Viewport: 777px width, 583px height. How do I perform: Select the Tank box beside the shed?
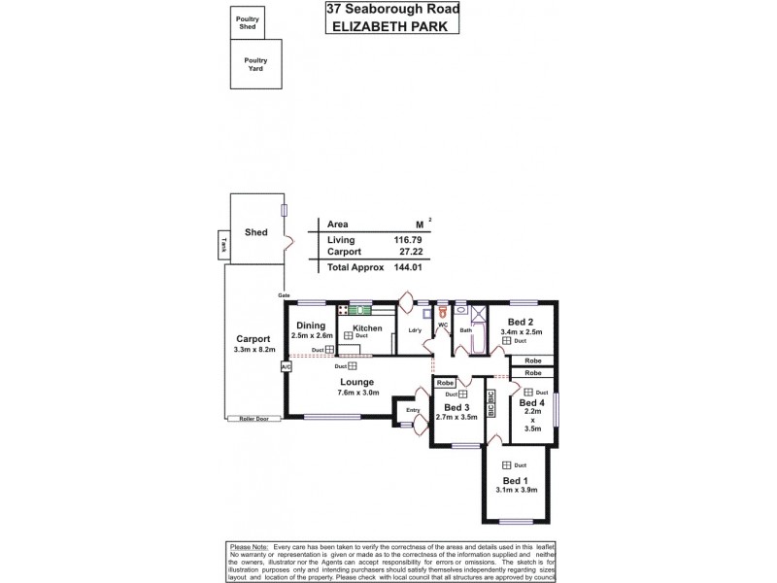pos(222,247)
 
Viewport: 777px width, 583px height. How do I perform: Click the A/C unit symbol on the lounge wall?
pos(286,367)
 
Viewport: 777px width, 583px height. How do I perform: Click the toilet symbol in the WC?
pos(443,313)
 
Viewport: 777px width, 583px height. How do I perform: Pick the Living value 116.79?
pos(411,239)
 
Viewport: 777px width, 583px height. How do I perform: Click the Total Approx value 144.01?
pos(411,266)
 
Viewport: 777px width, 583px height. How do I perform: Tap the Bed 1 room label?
pos(516,481)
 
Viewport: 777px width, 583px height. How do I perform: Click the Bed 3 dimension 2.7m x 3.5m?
pos(456,416)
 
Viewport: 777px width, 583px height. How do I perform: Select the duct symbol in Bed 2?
pos(507,341)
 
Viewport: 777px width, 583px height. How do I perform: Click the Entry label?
pos(413,410)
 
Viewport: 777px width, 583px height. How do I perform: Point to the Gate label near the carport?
pos(284,294)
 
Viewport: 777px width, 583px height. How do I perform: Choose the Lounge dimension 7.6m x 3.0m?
pos(357,393)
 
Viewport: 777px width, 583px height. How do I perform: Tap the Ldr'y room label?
pos(415,329)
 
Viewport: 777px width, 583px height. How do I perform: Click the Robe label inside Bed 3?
pos(445,383)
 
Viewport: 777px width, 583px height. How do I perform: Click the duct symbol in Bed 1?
pos(507,465)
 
